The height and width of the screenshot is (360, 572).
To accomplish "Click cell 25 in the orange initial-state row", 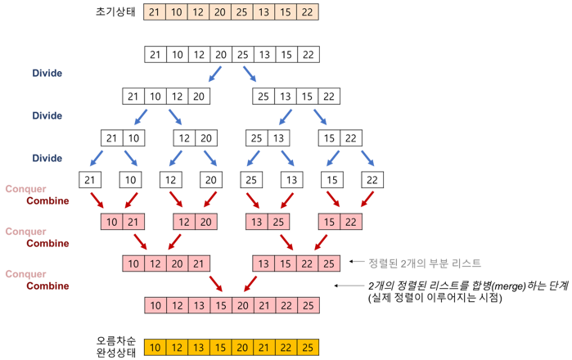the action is coord(241,11).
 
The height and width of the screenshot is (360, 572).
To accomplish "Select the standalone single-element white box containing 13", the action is coord(291,180).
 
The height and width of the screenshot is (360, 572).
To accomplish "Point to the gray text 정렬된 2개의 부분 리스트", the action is coord(425,263).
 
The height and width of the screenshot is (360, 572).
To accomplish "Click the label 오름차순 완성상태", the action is coord(115,347).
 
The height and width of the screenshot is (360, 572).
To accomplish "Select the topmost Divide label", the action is coord(47,74).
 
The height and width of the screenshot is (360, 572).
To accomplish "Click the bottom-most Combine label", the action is coord(47,286).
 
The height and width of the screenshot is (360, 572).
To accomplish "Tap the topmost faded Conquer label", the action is coord(25,189).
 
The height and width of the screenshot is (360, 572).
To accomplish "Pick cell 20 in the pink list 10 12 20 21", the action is coord(178,263).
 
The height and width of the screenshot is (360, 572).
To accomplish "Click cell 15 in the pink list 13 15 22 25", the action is coord(286,263).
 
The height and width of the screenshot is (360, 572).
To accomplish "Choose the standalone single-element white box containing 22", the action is coord(372,180).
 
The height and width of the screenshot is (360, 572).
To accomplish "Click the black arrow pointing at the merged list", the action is coord(348,286).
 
